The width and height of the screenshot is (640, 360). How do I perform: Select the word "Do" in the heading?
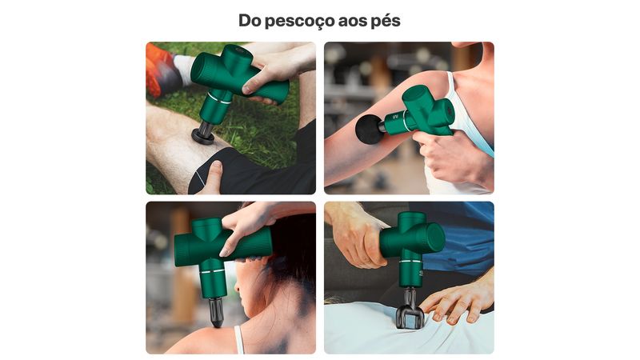coord(250,21)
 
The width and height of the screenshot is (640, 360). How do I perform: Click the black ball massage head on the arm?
coord(370,130)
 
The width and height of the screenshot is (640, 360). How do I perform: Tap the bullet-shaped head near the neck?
coord(216,312)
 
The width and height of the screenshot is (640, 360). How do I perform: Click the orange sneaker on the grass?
coord(160,70)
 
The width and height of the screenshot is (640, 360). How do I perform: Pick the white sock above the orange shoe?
coord(185,70)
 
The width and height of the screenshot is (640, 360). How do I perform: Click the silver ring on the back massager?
coord(410,260)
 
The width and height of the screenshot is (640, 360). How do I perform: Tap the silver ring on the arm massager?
coord(404,121)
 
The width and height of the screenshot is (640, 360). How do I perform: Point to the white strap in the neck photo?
coord(239,339)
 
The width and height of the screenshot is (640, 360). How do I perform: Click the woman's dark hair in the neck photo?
coord(290,249)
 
